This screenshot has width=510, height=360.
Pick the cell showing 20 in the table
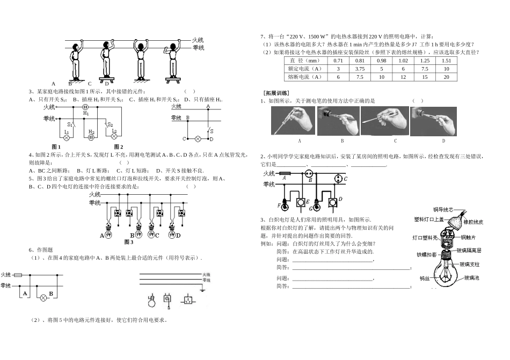(x=446, y=77)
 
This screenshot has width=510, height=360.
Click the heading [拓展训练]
(x=276, y=93)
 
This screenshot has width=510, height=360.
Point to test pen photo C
(x=383, y=121)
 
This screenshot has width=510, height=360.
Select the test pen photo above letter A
(x=293, y=121)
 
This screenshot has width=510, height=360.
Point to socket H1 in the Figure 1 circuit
(x=85, y=108)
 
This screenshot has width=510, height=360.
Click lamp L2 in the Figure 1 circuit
(x=67, y=137)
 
